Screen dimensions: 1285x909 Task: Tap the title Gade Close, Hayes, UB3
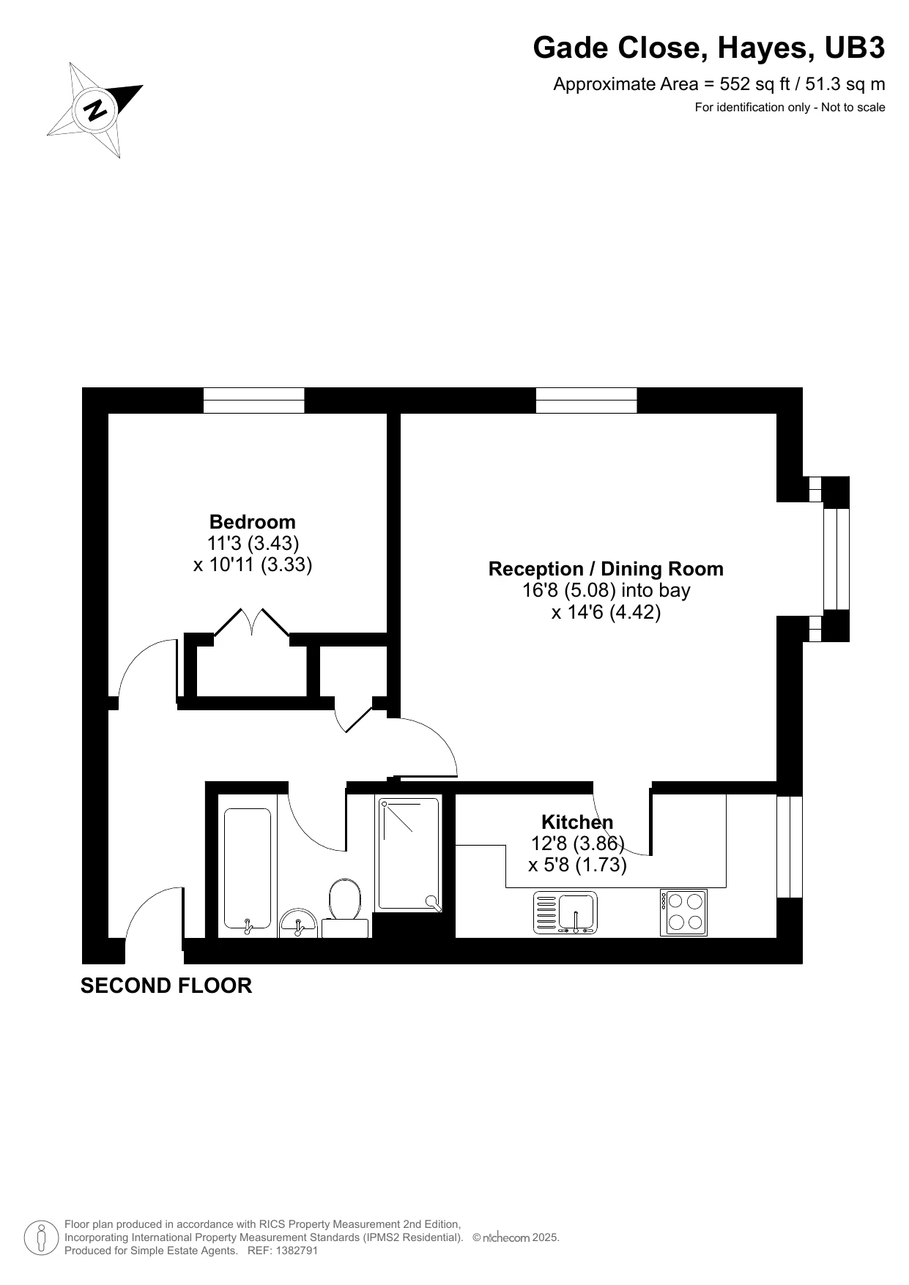[708, 48]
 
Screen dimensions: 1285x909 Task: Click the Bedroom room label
[252, 522]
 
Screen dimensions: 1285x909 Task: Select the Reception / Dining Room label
[605, 569]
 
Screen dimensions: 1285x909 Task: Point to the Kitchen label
[576, 822]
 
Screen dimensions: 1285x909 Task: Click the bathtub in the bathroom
[247, 868]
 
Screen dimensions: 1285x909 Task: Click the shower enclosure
[409, 854]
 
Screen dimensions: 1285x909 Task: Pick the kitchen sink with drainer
[565, 912]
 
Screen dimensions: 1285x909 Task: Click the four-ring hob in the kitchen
[684, 912]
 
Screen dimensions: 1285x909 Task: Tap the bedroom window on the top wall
[253, 401]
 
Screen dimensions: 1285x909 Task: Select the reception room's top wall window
[586, 401]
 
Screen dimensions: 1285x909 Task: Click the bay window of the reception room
[836, 559]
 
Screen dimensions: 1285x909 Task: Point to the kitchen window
[790, 846]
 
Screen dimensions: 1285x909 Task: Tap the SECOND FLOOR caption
[166, 986]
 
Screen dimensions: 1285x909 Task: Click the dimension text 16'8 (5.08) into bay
[605, 590]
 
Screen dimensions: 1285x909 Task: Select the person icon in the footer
[42, 1237]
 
